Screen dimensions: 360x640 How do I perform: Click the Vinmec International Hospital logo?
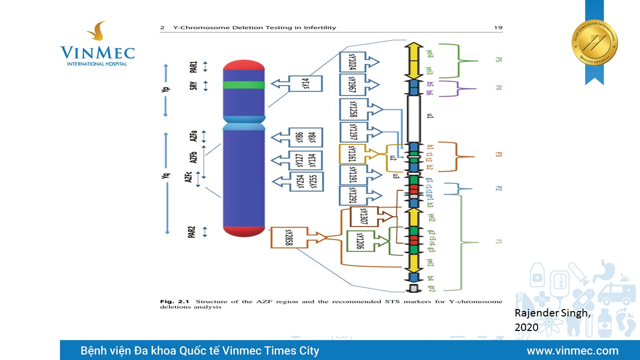coord(97,44)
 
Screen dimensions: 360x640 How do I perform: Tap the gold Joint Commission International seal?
coord(594,42)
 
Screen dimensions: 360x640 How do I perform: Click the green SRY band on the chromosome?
coord(243,85)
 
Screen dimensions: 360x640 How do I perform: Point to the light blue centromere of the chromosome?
coord(243,123)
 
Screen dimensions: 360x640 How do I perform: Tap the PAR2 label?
coord(192,232)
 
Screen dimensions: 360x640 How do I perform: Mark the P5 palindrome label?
coord(498,60)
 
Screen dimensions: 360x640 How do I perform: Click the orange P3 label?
coord(498,154)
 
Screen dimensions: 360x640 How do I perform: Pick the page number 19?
coord(497,27)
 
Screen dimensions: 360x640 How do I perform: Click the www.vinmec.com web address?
coord(572,350)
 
